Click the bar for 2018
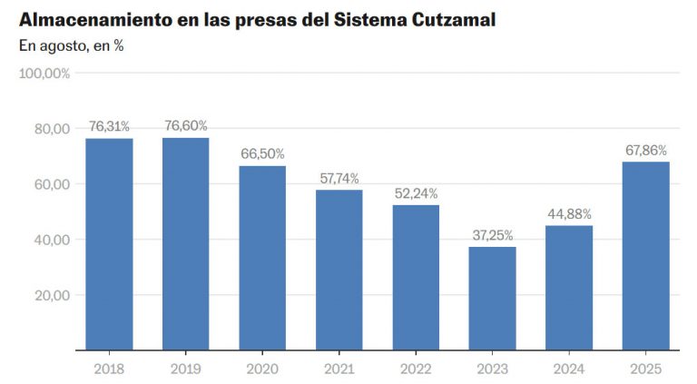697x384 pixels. coord(109,243)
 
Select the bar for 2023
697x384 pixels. coord(493,298)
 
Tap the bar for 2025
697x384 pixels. coord(646,255)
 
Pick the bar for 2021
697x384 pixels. coord(339,270)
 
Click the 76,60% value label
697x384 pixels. coord(186,126)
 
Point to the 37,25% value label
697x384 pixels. coord(493,235)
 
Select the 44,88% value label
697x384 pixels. coord(569,214)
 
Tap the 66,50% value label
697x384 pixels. coord(262,154)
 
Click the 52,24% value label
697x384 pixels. coord(416,193)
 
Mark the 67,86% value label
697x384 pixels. coord(646,150)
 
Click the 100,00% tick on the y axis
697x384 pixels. coord(44,74)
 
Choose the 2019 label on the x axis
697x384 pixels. coord(186,369)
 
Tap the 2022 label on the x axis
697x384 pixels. coord(416,369)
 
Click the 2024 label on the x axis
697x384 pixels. coord(569,369)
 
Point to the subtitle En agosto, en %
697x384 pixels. coord(71,46)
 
